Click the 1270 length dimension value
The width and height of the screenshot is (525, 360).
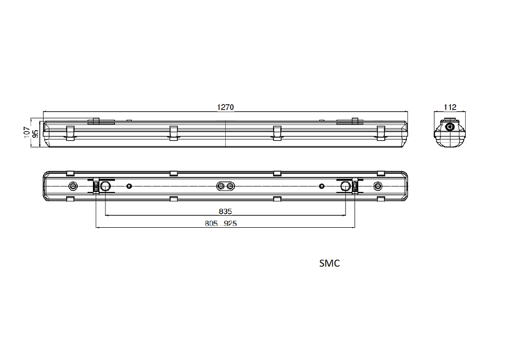225,107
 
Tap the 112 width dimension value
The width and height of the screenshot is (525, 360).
450,107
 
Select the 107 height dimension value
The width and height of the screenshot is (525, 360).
27,132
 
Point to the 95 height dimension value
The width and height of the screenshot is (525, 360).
35,133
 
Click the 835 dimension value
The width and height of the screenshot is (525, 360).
225,211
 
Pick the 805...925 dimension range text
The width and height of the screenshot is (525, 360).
221,223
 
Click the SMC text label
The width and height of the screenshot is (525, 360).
330,263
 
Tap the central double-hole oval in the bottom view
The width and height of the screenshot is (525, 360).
225,186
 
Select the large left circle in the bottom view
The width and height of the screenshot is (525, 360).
105,186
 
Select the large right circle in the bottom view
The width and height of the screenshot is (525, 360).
345,186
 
